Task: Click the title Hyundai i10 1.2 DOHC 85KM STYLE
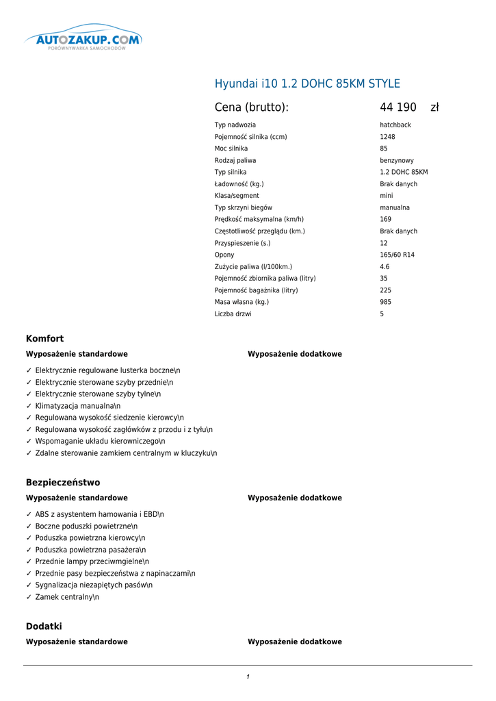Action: [x=307, y=84]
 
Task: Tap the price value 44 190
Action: [x=398, y=107]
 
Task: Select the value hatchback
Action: [x=395, y=125]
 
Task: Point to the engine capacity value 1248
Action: [x=387, y=137]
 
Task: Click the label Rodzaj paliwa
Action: [x=235, y=160]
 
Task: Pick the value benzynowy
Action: [x=397, y=160]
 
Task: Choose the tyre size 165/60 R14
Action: [x=397, y=255]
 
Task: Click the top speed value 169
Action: [x=385, y=219]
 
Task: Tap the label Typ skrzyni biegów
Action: [x=244, y=207]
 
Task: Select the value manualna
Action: [x=395, y=207]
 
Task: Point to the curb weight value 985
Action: [x=385, y=302]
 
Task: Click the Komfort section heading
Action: [x=44, y=339]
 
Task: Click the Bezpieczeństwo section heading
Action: [x=63, y=483]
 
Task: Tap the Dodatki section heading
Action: [x=44, y=626]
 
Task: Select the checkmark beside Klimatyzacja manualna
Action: [x=29, y=406]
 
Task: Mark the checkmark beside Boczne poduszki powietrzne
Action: [x=29, y=526]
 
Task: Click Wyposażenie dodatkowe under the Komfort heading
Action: [x=294, y=354]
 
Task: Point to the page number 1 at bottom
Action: [x=248, y=677]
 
